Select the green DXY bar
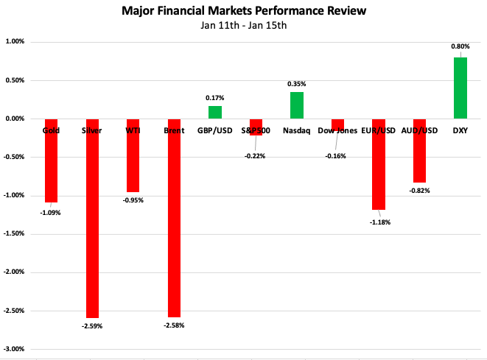coord(460,88)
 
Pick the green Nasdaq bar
coord(296,105)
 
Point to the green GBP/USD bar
coord(214,112)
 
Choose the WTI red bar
coord(133,155)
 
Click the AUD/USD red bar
coord(419,150)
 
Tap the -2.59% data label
coord(93,325)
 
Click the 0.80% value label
coord(460,46)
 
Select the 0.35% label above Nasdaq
coord(297,84)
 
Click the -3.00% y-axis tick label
coord(14,349)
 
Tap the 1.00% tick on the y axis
coord(15,42)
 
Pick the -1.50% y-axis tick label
coord(14,234)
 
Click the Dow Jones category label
coord(337,131)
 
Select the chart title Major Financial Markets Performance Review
coord(244,12)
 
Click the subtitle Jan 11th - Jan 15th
coord(243,27)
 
